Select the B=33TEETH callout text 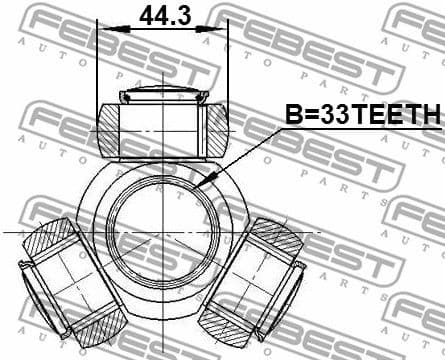pyautogui.click(x=361, y=116)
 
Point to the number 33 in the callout pyautogui.click(x=332, y=116)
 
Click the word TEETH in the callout pyautogui.click(x=395, y=116)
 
